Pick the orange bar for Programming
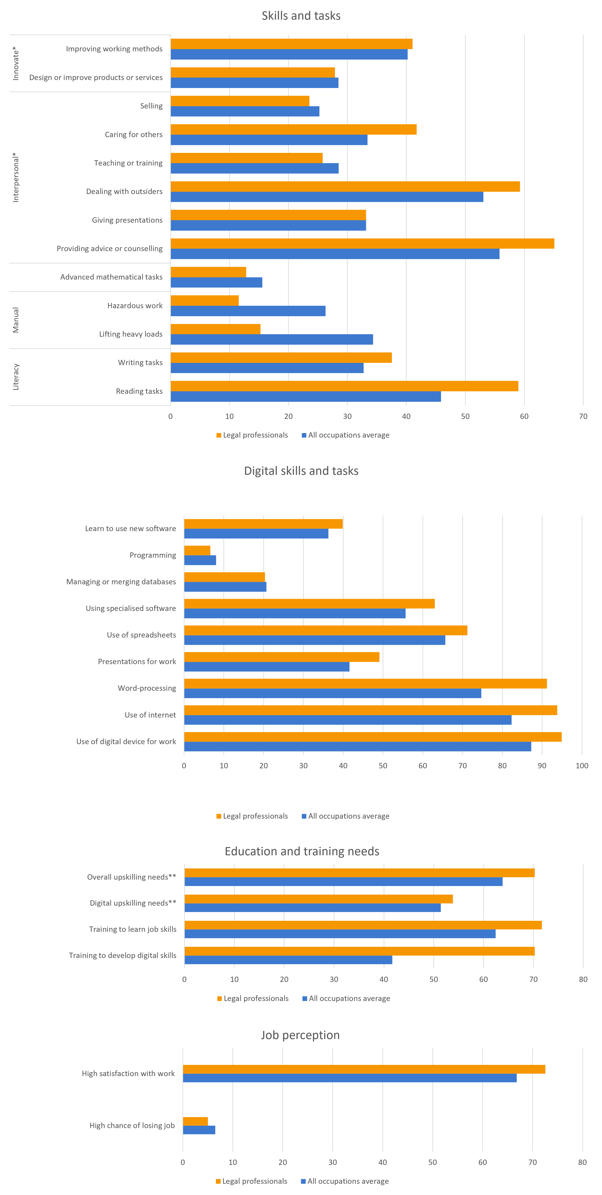[197, 550]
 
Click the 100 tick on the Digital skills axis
[582, 765]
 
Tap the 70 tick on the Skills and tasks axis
[583, 416]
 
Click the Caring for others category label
[134, 134]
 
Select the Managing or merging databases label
[121, 582]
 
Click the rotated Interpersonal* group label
[16, 177]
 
